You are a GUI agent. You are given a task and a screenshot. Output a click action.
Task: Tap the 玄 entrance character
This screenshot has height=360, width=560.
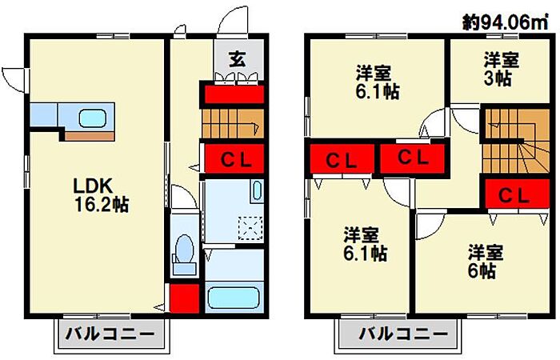click(x=238, y=58)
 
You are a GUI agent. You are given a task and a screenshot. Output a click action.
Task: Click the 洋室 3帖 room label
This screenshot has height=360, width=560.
click(x=501, y=69)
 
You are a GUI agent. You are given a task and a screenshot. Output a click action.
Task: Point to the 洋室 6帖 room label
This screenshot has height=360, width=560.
click(x=485, y=261)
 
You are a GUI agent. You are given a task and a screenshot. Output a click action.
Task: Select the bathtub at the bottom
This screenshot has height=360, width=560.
click(x=234, y=298)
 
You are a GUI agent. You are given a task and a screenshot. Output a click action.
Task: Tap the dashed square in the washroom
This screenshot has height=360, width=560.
click(x=251, y=227)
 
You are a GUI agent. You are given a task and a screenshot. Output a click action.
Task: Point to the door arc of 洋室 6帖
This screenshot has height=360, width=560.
click(x=428, y=225)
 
